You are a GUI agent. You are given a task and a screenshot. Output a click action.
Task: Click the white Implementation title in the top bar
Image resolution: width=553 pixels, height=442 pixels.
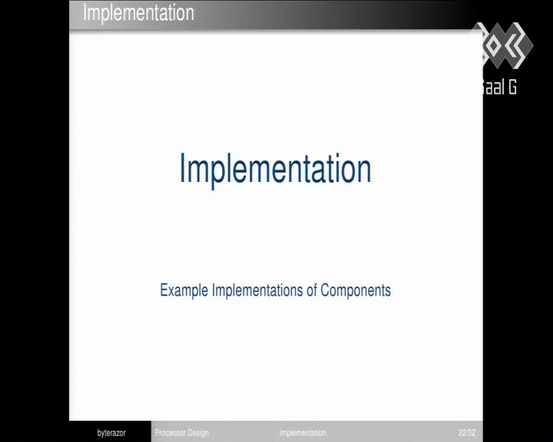pos(138,13)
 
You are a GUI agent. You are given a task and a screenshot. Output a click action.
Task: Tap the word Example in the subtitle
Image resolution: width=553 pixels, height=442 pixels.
pos(184,291)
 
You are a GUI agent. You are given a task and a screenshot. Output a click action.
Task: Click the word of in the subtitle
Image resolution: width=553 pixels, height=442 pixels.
pos(312,290)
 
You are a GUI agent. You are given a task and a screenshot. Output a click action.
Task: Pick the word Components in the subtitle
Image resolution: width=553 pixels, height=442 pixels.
pos(356,291)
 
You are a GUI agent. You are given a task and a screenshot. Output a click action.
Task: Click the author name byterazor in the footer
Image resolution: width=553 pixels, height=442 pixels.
pos(111,433)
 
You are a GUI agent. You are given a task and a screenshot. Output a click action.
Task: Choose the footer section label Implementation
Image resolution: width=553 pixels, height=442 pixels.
pos(303,433)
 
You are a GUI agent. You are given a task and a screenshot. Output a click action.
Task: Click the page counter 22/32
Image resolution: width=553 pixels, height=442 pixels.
pos(467,433)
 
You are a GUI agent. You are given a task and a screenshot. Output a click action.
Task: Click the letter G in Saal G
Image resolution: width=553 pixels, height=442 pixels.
pos(512,87)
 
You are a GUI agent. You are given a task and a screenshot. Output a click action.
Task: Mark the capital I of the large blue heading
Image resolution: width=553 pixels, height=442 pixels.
pos(182,168)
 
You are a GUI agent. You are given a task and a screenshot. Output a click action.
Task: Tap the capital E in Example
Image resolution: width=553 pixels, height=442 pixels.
pos(164,290)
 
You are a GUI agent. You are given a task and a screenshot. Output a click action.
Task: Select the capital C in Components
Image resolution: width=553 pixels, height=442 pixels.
pos(325,290)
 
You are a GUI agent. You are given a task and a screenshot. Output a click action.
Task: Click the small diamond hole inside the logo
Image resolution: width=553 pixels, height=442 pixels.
pos(494,45)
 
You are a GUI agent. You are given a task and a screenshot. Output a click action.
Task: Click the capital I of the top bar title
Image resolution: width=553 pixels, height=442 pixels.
pos(84,12)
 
